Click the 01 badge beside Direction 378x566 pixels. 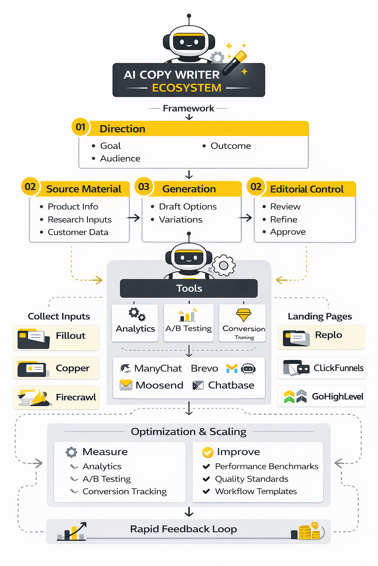tap(80, 127)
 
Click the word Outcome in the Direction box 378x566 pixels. tap(230, 146)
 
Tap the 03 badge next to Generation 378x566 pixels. tap(144, 187)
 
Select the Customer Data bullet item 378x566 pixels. tap(78, 232)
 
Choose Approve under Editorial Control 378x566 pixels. tap(288, 232)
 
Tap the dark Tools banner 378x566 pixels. tap(189, 288)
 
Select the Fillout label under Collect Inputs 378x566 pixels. tap(71, 336)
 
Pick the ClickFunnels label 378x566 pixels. tap(338, 368)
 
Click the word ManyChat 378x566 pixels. tap(158, 368)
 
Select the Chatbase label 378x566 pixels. tap(231, 385)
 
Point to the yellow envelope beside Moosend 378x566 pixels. tap(126, 385)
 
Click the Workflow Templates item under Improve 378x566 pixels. tap(256, 492)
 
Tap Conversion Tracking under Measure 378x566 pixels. tap(124, 492)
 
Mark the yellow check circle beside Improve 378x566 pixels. tap(208, 452)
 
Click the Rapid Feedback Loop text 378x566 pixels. tap(183, 529)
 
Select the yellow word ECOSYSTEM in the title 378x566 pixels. tap(187, 88)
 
